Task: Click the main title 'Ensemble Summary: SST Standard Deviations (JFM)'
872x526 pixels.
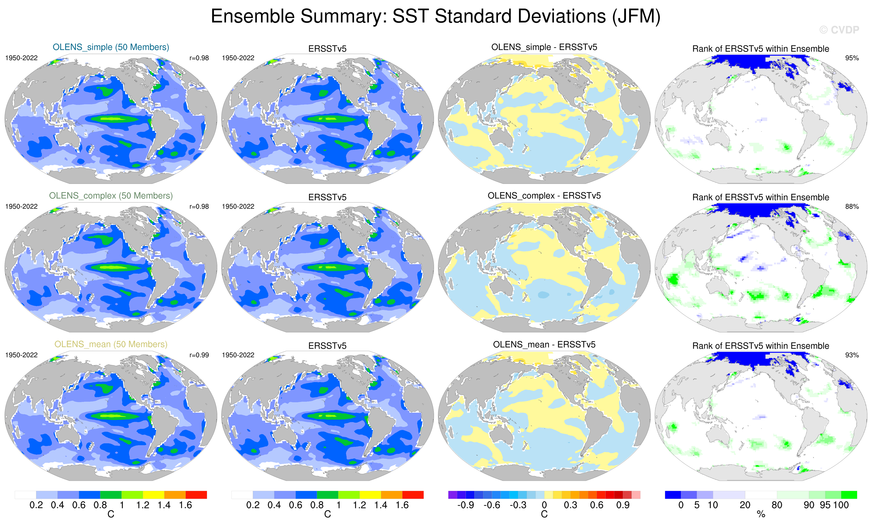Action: [435, 16]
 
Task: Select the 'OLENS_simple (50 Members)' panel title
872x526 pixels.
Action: [111, 47]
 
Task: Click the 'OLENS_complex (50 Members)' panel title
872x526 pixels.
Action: [111, 196]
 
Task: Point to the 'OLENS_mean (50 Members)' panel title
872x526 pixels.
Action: [111, 344]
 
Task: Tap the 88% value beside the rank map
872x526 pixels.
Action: [852, 206]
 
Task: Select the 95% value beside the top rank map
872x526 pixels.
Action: [852, 58]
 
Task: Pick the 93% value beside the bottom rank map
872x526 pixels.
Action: [852, 355]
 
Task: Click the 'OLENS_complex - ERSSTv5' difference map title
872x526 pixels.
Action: [544, 196]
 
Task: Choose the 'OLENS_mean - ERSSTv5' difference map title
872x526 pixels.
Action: [544, 344]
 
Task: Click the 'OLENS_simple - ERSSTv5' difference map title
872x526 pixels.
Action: [544, 47]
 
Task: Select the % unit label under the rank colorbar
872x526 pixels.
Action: [761, 514]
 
